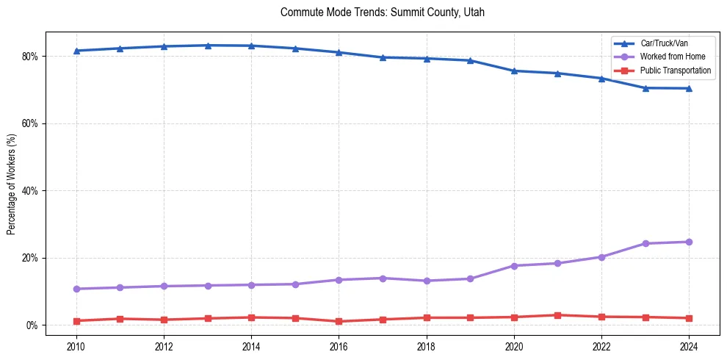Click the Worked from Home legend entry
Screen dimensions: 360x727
pos(669,57)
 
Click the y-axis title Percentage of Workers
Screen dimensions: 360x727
pos(12,184)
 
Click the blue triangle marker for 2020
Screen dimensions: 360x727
pos(514,71)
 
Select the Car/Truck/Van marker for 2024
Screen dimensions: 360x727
pos(689,88)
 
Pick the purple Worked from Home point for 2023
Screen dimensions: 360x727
pos(645,243)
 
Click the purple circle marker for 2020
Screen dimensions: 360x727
pos(514,266)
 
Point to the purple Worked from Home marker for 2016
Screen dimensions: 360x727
pos(339,280)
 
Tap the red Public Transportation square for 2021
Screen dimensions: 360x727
pos(557,315)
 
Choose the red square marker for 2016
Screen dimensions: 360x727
pos(339,321)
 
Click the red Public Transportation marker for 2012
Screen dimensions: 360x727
pos(164,320)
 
